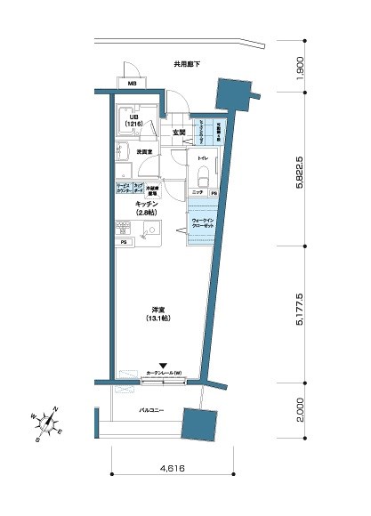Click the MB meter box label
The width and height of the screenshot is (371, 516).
[x=133, y=85]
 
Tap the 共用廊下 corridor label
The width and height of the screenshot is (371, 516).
[x=187, y=64]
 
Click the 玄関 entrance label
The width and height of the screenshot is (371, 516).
[x=179, y=133]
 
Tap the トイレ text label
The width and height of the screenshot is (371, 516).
[x=203, y=157]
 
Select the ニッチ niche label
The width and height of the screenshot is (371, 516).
[x=198, y=193]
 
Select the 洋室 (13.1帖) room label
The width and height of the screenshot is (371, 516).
[x=159, y=315]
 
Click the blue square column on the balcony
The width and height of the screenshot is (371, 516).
[x=197, y=425]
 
